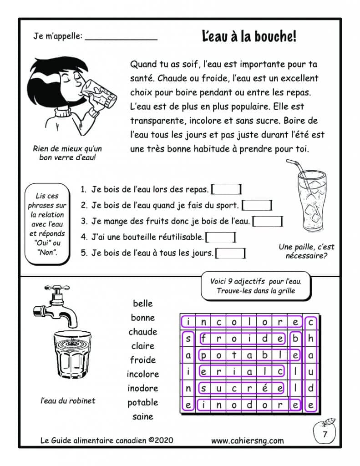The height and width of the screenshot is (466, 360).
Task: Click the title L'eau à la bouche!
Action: (249, 37)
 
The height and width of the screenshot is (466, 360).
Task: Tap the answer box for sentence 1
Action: (227, 189)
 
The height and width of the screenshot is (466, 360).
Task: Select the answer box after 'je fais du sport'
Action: (257, 205)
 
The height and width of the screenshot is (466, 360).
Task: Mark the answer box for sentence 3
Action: (268, 222)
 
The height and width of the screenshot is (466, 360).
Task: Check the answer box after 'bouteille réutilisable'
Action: (221, 237)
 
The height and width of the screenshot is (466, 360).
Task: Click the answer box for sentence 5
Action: (231, 253)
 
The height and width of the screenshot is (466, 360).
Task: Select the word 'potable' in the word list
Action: (143, 402)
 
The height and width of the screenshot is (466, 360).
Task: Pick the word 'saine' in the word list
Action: (143, 416)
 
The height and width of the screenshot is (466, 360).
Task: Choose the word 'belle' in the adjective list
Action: (143, 304)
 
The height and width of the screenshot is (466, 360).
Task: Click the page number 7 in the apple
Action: (325, 434)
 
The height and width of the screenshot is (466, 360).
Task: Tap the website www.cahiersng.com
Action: (248, 440)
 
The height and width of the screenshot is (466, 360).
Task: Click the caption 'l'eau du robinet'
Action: (68, 400)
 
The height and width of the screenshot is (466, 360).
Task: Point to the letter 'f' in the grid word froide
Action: (204, 338)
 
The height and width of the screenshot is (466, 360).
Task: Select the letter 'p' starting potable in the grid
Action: (204, 355)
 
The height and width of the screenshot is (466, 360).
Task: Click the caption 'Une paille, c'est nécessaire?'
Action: (306, 251)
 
